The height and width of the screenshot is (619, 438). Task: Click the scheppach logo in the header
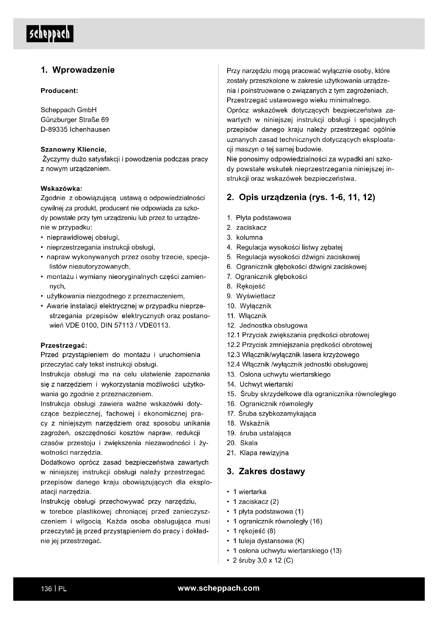point(50,34)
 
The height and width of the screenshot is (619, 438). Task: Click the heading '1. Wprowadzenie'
point(78,70)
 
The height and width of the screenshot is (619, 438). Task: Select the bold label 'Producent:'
point(59,91)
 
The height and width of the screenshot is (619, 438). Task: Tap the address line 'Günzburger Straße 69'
point(75,120)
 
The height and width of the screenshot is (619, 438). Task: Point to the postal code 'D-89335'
point(54,130)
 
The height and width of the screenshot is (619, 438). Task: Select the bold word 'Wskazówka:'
point(61,188)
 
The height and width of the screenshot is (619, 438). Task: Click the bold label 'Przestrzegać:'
point(64,345)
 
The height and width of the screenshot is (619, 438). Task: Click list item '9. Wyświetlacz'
point(251,296)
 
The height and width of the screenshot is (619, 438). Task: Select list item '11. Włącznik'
point(247,316)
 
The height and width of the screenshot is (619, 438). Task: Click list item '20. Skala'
point(242,443)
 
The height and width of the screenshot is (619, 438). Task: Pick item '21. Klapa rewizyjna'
point(258,453)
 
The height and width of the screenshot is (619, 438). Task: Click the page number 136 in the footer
point(46,589)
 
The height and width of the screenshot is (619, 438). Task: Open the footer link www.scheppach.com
point(219,588)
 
